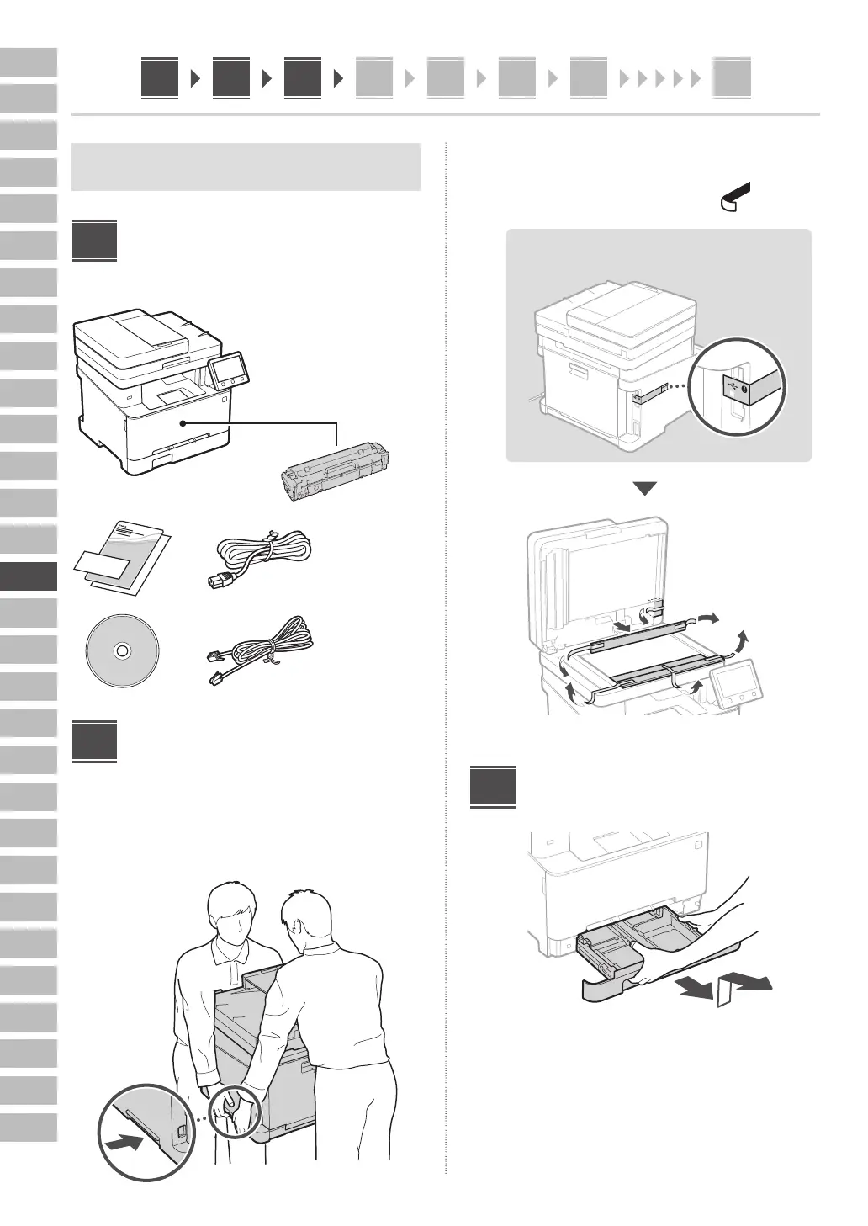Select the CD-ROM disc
point(122,650)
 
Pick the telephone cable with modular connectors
point(259,652)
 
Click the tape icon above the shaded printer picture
point(734,196)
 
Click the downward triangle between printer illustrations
point(644,489)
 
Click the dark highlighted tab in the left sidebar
point(29,576)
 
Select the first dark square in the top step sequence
point(160,78)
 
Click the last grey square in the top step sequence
point(731,79)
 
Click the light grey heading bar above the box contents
point(246,167)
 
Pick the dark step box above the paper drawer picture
point(492,786)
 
